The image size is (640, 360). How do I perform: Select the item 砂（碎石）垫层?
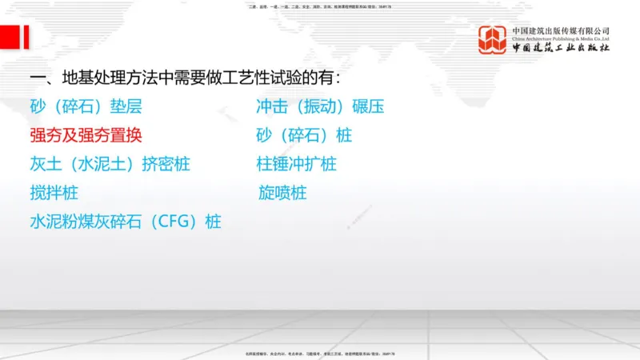tap(86, 106)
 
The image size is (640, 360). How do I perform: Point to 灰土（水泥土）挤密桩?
tap(110, 164)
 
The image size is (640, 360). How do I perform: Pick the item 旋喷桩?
tap(282, 193)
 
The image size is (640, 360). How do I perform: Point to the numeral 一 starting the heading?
tap(37, 78)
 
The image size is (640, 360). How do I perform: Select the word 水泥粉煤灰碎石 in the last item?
tap(92, 222)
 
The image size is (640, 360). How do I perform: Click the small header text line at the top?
tap(320, 6)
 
